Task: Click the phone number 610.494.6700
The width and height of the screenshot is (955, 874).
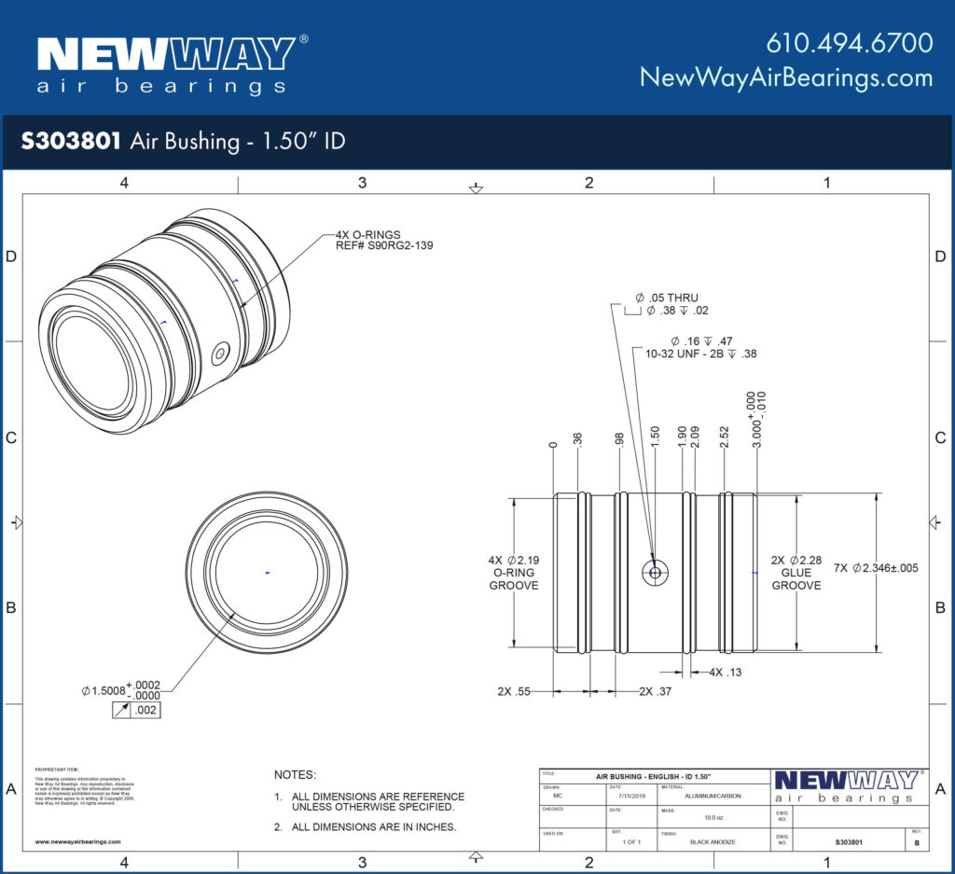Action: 849,43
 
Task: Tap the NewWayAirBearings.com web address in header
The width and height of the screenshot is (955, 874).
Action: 786,77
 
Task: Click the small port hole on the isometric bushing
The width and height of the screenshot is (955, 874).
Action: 220,354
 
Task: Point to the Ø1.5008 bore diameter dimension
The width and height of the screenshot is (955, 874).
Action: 121,690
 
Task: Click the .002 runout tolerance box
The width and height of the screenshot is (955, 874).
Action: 145,711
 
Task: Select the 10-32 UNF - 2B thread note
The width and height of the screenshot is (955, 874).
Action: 690,354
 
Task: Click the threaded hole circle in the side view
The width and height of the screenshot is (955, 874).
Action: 656,572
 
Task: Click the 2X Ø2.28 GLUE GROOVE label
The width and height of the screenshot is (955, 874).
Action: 796,573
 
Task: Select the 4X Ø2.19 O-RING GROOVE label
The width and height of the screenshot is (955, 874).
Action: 513,573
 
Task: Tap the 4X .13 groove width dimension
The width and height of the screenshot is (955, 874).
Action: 725,672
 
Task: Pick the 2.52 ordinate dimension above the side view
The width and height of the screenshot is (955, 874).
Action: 724,437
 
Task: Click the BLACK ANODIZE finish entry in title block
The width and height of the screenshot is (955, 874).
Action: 713,842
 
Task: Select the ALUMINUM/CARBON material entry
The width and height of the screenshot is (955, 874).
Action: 713,796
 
